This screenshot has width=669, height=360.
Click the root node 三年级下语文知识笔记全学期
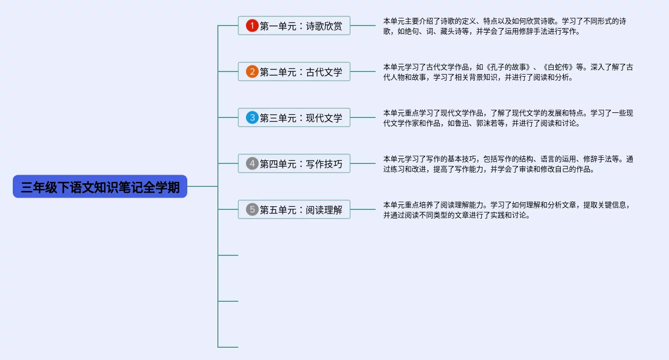(x=100, y=187)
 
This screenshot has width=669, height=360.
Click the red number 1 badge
(x=252, y=26)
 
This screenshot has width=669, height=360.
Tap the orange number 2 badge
(x=252, y=72)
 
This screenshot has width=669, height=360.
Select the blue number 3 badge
(x=252, y=118)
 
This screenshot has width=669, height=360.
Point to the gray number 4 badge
(x=252, y=164)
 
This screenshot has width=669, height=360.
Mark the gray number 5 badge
(x=252, y=210)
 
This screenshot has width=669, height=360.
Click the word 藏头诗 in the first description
(x=449, y=32)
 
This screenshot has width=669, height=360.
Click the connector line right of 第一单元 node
(x=363, y=26)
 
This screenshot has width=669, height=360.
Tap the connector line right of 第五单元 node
(x=363, y=209)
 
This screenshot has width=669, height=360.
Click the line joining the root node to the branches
(x=203, y=187)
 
